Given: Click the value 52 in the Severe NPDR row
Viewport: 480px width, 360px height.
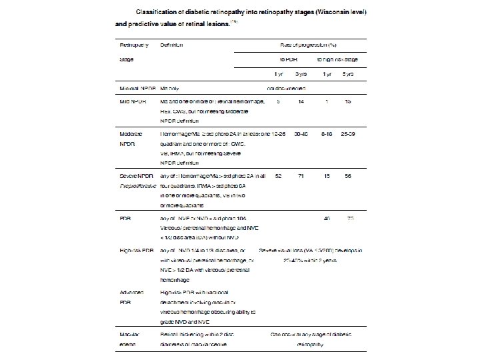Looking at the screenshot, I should click(277, 175).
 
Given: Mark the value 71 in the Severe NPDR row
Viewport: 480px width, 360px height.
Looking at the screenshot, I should click(303, 175).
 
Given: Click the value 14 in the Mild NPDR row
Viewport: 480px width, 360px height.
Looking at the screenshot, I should click(302, 101).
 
